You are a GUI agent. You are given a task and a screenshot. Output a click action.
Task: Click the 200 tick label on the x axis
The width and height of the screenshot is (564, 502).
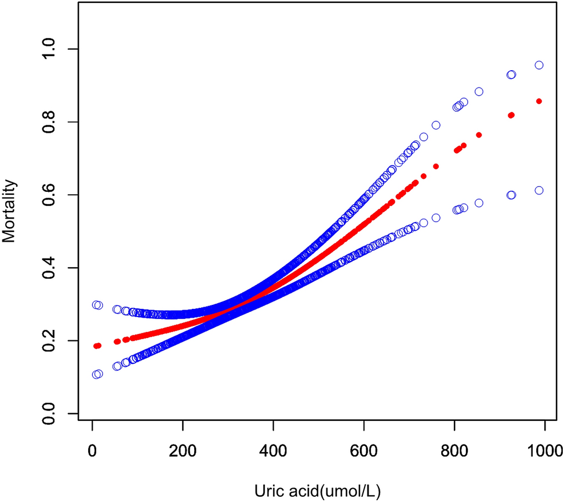click(183, 449)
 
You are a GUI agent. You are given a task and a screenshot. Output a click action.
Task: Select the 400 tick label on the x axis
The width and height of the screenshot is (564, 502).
click(273, 449)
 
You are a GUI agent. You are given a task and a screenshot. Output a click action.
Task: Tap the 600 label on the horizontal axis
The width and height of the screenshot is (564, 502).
click(363, 449)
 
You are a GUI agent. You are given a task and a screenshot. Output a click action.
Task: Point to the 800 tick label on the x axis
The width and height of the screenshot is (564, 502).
click(454, 449)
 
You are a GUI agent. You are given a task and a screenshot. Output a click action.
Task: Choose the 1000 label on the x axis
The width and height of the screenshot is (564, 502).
click(544, 449)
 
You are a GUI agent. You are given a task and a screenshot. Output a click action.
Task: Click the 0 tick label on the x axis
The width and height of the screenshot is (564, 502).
click(92, 449)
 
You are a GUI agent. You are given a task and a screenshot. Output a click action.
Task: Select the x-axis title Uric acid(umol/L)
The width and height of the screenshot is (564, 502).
click(318, 490)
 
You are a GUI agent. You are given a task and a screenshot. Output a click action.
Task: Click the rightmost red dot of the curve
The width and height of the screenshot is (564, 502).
click(539, 101)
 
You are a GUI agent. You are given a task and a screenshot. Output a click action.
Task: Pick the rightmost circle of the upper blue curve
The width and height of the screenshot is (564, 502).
click(539, 65)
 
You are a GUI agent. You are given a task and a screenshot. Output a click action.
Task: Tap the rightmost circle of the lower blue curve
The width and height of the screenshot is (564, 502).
click(539, 190)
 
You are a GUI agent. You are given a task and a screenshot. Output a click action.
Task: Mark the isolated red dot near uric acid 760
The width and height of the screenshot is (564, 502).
click(436, 166)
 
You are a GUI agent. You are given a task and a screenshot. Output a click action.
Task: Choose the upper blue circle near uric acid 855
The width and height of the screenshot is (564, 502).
click(479, 92)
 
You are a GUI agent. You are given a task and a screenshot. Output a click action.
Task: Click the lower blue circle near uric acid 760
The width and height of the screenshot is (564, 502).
click(436, 218)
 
